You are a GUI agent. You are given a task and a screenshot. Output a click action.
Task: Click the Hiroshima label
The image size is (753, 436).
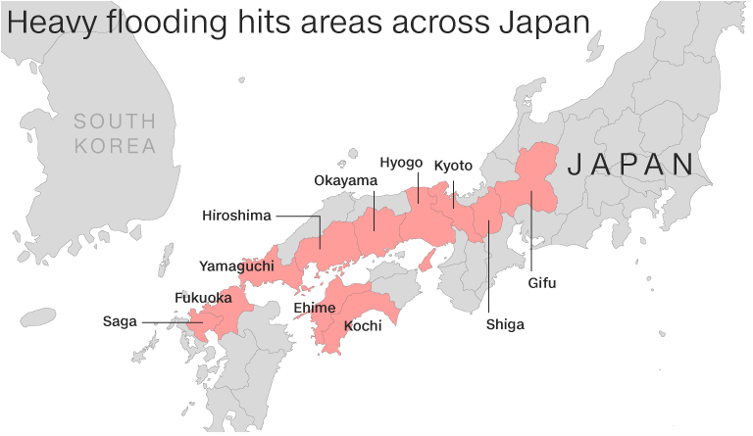point(236,216)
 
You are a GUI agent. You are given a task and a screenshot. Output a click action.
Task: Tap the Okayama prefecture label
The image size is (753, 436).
point(345,180)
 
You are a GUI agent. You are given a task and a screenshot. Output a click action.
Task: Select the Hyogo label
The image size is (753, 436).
point(401,163)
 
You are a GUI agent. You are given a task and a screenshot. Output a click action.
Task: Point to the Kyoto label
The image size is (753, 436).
point(453,165)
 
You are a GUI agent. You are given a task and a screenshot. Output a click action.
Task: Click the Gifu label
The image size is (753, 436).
point(542,283)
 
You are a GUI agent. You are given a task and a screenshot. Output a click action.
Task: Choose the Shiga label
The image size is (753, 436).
point(505,324)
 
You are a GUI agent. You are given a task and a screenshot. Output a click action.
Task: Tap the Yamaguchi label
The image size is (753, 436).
point(236,266)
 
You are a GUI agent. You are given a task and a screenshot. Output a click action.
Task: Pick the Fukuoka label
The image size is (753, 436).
point(203,297)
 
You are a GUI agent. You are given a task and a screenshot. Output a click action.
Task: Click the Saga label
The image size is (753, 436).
point(121,320)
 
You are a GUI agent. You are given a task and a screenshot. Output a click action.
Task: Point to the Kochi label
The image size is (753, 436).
point(362,325)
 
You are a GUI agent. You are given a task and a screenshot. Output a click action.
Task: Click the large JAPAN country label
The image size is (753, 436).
point(631,164)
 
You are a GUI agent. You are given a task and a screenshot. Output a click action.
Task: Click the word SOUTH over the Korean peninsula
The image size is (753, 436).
point(115,121)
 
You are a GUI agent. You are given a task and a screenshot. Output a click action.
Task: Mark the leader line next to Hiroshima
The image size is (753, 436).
point(298,216)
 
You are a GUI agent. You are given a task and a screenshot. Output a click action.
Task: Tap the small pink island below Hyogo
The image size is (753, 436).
point(427,261)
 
